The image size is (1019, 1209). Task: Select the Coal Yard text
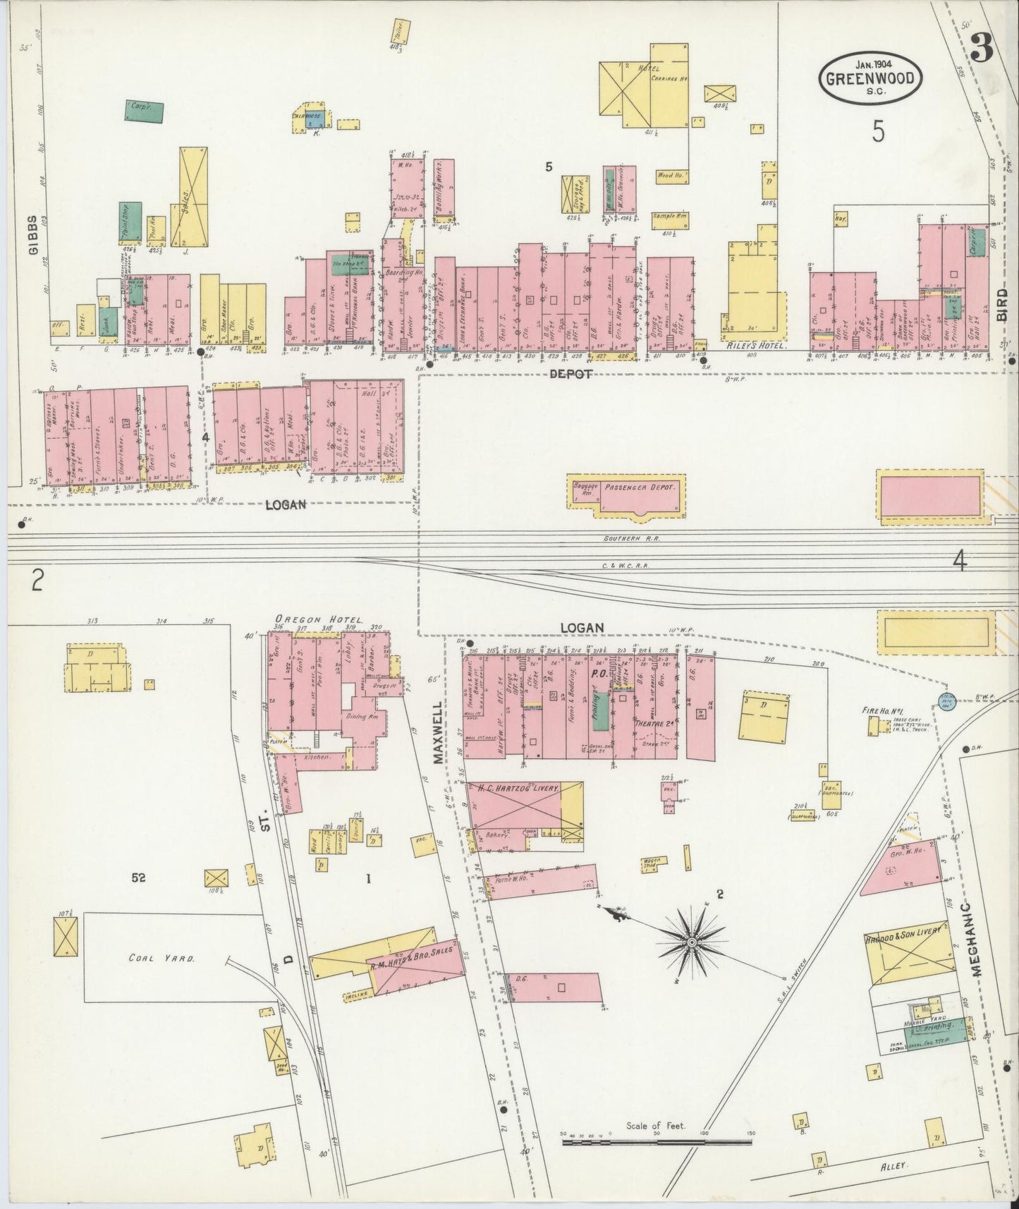pos(161,959)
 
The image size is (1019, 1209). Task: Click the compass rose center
pos(692,942)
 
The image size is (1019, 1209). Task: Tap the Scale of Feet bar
pos(657,1140)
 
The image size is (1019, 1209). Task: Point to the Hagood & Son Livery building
pos(904,953)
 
